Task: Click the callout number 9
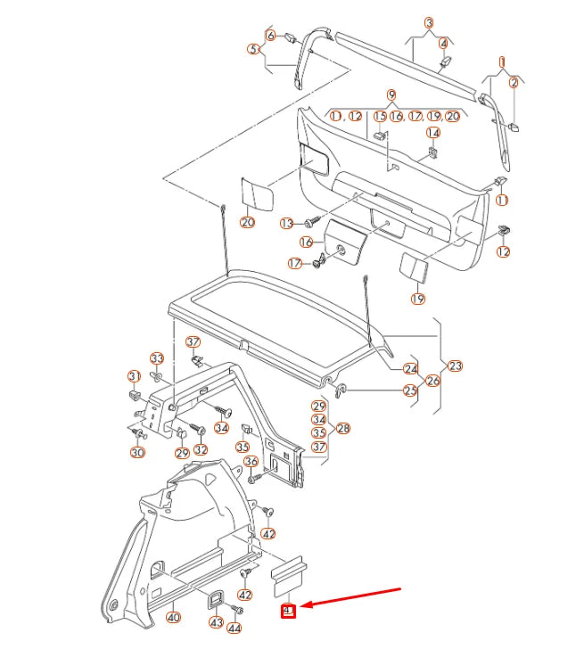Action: click(391, 94)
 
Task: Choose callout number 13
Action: click(286, 222)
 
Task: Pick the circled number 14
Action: click(432, 133)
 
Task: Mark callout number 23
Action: click(456, 366)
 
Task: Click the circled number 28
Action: click(343, 428)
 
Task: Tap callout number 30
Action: click(136, 453)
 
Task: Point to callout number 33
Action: click(157, 358)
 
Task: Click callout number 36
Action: click(251, 461)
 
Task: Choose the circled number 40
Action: click(173, 617)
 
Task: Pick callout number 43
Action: click(216, 621)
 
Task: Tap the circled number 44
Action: click(235, 628)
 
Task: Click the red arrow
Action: click(352, 597)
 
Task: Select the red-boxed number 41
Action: click(287, 612)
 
